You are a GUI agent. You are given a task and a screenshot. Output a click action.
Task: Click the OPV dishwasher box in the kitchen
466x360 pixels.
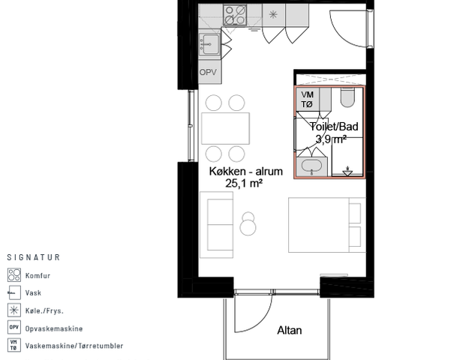pyautogui.click(x=210, y=72)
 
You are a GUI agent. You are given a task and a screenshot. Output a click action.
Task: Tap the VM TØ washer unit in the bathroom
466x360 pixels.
pyautogui.click(x=308, y=99)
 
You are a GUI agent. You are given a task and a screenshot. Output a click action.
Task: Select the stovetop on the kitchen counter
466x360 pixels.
pyautogui.click(x=235, y=14)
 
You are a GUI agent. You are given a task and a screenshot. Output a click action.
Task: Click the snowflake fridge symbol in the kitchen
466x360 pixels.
pyautogui.click(x=273, y=14)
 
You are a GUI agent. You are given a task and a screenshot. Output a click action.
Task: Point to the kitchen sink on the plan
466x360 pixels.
pyautogui.click(x=209, y=44)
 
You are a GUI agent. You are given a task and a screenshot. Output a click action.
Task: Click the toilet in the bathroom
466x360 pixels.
pyautogui.click(x=347, y=97)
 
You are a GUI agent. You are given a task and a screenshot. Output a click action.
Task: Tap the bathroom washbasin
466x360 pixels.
pyautogui.click(x=311, y=166)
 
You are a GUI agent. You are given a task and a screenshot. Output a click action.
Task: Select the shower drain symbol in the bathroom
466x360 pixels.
pyautogui.click(x=347, y=171)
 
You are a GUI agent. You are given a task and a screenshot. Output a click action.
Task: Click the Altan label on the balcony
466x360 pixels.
pyautogui.click(x=290, y=330)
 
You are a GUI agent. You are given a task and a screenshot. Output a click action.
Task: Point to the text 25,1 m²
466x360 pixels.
pyautogui.click(x=244, y=183)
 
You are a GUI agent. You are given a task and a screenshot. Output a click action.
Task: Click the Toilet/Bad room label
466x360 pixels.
pyautogui.click(x=334, y=127)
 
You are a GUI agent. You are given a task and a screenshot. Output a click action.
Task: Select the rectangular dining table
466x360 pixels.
pyautogui.click(x=226, y=128)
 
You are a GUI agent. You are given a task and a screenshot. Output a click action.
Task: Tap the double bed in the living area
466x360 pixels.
pyautogui.click(x=327, y=225)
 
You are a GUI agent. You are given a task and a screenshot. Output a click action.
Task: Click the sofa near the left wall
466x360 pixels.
pyautogui.click(x=216, y=224)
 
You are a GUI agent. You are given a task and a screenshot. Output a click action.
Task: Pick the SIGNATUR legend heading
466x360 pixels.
pyautogui.click(x=34, y=257)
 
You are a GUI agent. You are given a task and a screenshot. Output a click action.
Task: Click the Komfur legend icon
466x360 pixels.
pyautogui.click(x=14, y=275)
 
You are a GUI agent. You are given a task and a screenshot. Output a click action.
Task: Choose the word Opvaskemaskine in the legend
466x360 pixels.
pyautogui.click(x=54, y=328)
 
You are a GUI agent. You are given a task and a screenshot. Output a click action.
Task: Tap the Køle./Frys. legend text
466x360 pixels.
pyautogui.click(x=44, y=311)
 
